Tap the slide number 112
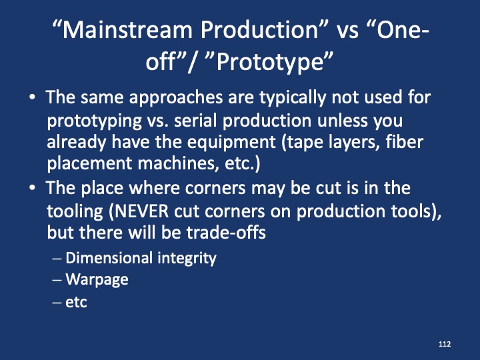tap(445, 343)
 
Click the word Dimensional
tap(109, 258)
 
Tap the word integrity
tap(185, 258)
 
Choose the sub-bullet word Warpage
tap(97, 279)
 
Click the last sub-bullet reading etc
tap(77, 301)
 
